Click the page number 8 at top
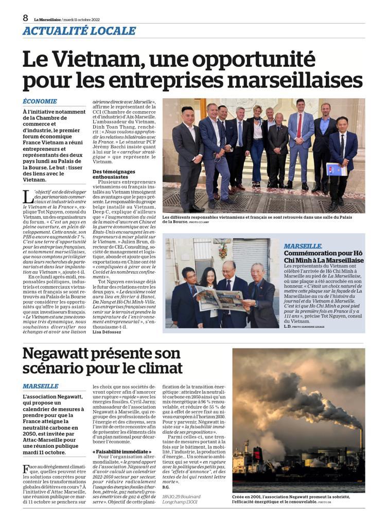point(25,17)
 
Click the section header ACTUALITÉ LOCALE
point(79,31)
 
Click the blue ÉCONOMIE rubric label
point(40,101)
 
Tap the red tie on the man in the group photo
point(299,126)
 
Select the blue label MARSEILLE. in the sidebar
point(303,246)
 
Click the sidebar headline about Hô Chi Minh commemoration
point(324,257)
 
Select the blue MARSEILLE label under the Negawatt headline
point(41,386)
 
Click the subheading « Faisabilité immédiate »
point(122,451)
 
